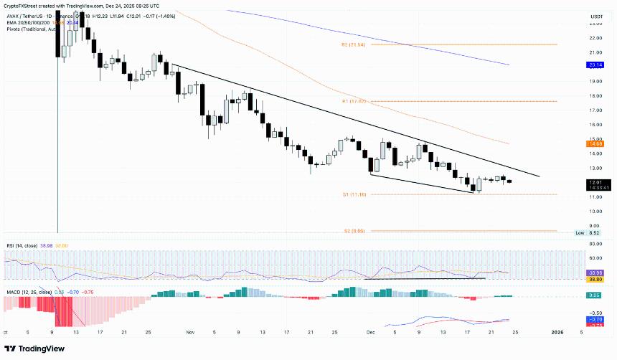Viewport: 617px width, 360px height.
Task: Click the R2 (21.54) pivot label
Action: click(x=354, y=44)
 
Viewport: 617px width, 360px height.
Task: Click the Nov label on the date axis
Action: click(x=190, y=333)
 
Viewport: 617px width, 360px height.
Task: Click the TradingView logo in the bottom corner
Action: click(x=35, y=349)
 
